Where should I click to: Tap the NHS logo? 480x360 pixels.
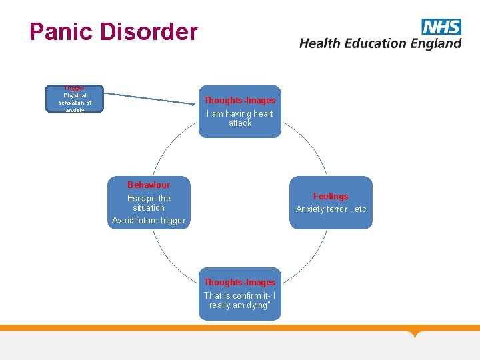click(441, 27)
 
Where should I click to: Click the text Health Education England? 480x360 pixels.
click(380, 43)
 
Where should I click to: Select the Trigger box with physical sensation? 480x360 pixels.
click(75, 99)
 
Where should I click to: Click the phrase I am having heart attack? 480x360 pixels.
click(240, 118)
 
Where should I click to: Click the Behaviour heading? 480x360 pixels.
click(149, 185)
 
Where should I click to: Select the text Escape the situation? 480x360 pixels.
click(149, 203)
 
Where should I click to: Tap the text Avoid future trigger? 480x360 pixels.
click(149, 221)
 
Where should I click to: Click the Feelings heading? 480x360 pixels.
click(331, 196)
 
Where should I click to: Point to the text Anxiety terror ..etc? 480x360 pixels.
click(331, 209)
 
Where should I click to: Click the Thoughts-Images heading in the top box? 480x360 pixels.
click(239, 100)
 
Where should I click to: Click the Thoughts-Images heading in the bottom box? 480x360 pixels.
click(239, 282)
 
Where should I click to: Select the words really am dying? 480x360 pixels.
click(239, 305)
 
